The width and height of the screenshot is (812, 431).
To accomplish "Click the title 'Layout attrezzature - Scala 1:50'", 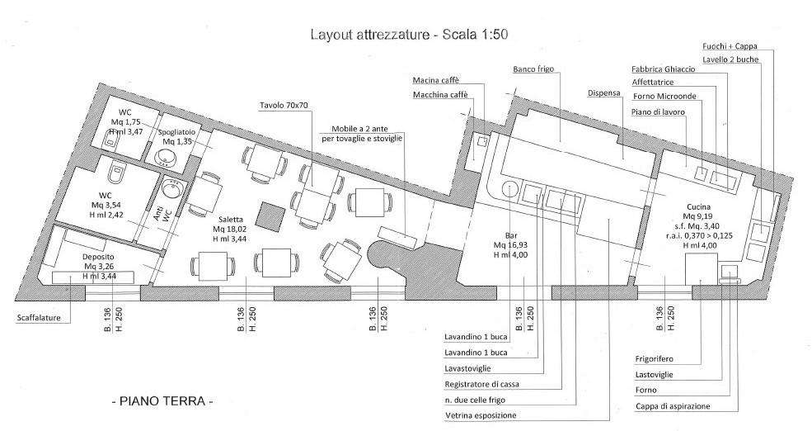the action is coord(409,34).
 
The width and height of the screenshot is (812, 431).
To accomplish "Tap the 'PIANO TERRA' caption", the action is coord(162,401).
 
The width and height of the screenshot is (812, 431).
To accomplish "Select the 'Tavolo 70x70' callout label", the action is coord(284,106).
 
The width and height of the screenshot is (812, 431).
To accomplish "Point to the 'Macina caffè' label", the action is coord(436,80).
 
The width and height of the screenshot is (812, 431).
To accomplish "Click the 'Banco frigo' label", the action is coord(533,69).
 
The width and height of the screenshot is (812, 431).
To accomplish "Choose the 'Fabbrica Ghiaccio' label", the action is coord(664,69).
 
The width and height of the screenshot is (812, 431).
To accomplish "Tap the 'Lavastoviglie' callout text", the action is coord(467,368).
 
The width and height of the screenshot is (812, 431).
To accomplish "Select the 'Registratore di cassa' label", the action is coord(481,384).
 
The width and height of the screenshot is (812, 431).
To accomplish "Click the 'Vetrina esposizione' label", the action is coord(481,415).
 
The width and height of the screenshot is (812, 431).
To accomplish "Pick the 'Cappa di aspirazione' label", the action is coord(673,406).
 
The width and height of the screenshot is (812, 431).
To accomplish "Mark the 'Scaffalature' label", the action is coord(39,317).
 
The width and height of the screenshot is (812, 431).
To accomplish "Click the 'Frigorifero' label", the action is coord(654,359).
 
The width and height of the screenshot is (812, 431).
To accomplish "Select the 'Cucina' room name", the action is coord(699,206).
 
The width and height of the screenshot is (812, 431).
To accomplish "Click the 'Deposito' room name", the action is coord(98,257).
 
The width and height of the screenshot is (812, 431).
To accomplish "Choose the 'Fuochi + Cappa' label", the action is coord(730,46).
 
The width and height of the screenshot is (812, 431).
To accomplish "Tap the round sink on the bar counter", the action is coord(509,188).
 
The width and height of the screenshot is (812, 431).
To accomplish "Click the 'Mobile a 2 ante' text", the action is coord(360,129).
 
